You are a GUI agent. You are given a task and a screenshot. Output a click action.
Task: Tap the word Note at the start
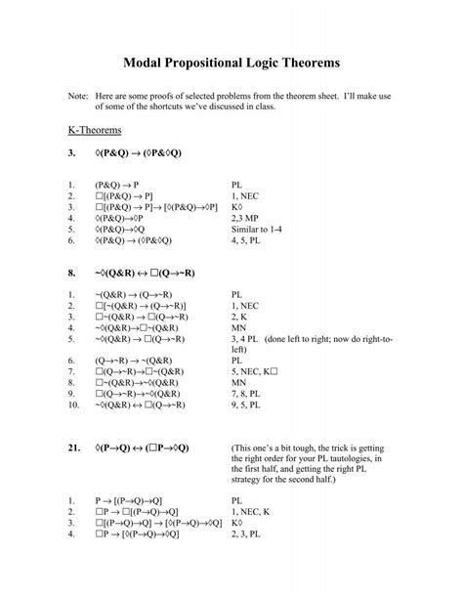77,98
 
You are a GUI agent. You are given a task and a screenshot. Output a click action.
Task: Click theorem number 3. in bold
71,153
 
